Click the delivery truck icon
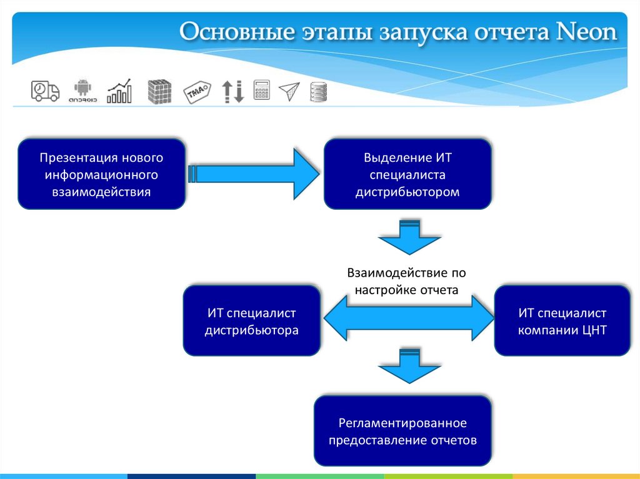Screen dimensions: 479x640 45,91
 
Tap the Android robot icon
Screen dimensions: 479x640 82,91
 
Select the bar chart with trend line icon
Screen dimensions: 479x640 119,91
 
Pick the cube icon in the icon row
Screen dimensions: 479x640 159,92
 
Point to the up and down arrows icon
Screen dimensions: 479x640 232,91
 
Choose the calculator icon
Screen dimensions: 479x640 261,91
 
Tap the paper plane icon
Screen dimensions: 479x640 289,92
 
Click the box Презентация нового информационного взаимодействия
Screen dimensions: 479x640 102,174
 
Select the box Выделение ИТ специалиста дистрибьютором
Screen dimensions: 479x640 407,174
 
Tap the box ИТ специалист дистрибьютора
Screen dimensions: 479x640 251,320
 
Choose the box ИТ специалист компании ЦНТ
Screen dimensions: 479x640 562,320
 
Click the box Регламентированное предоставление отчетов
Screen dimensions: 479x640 402,431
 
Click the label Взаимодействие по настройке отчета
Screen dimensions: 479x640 407,282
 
